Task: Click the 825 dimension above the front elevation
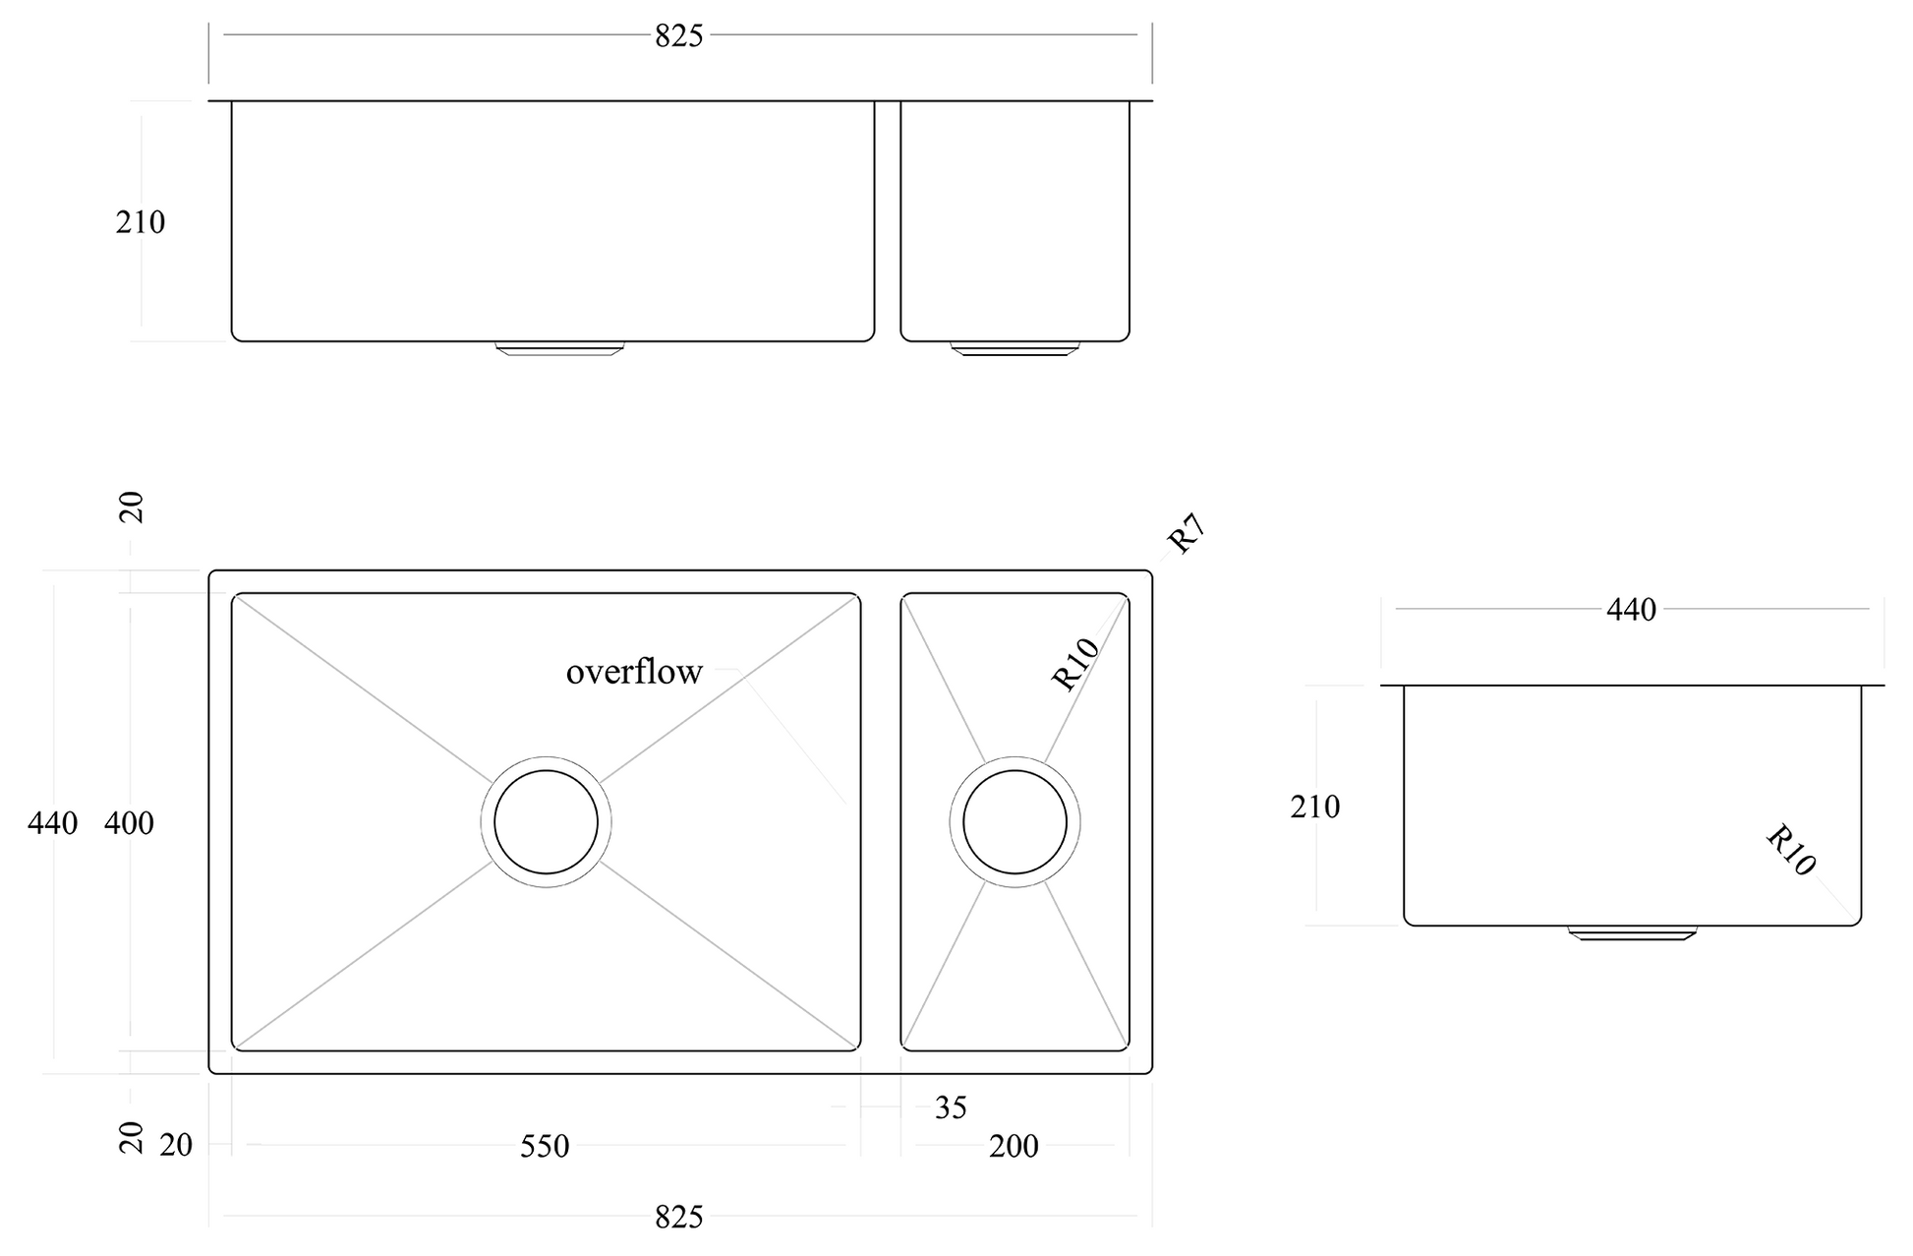(x=679, y=36)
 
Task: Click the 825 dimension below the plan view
(x=679, y=1218)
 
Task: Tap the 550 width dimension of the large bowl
(x=545, y=1146)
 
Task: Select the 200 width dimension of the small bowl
(x=1014, y=1146)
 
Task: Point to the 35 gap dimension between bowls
(x=951, y=1108)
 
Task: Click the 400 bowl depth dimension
(x=129, y=823)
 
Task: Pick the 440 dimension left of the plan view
(x=52, y=823)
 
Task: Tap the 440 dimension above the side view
(x=1631, y=610)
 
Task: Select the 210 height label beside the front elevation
(x=141, y=223)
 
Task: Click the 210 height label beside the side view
(x=1315, y=807)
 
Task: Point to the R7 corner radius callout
(x=1186, y=534)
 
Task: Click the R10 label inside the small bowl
(x=1074, y=664)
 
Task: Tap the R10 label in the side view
(x=1790, y=851)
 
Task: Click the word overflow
(x=634, y=672)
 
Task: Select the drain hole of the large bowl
(x=546, y=822)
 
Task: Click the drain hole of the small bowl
(x=1014, y=822)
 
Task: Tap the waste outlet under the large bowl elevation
(x=559, y=348)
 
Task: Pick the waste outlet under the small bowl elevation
(x=1014, y=348)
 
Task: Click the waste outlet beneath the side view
(x=1632, y=932)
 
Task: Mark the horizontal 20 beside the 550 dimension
(x=176, y=1146)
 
